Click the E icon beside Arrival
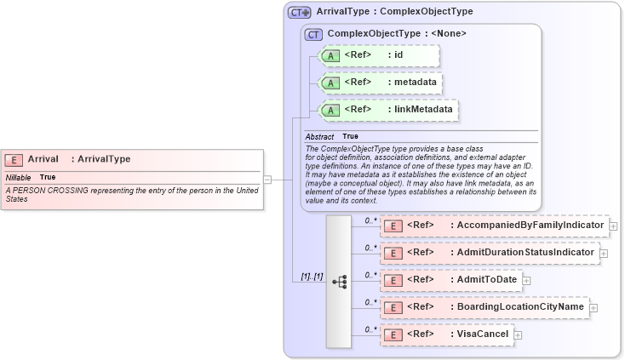point(14,159)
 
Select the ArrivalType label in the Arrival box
point(101,159)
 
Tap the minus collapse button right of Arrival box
point(267,180)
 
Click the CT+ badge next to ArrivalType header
point(299,13)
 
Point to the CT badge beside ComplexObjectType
point(313,35)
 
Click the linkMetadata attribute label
point(421,110)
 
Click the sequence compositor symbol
point(339,281)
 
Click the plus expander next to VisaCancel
point(518,335)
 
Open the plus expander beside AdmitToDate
point(526,280)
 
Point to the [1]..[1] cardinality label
point(312,277)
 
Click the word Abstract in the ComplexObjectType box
point(320,136)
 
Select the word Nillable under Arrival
point(19,177)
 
